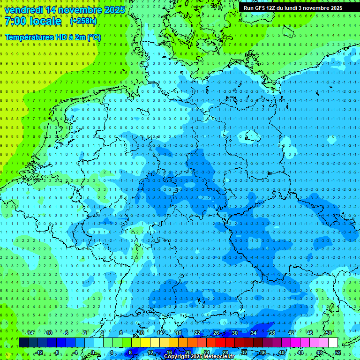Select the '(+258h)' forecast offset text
click(x=83, y=21)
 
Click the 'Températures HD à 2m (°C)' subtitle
click(x=52, y=37)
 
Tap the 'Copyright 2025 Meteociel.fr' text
click(x=199, y=357)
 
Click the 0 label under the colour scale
click(x=92, y=352)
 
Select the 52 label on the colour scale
click(x=338, y=352)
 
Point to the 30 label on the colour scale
click(x=234, y=333)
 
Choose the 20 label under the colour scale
click(x=187, y=352)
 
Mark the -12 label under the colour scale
click(x=39, y=352)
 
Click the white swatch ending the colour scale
click(x=333, y=343)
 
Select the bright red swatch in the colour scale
click(x=220, y=343)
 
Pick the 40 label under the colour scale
click(x=281, y=352)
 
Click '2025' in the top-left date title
click(x=114, y=10)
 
